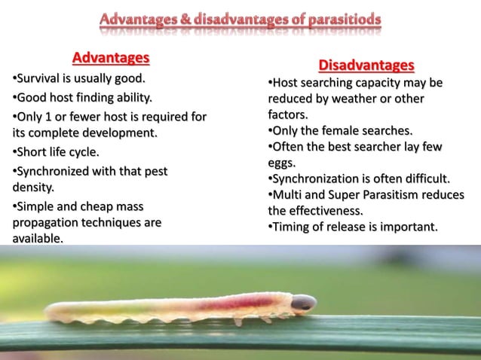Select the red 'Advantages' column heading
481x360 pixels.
(111, 58)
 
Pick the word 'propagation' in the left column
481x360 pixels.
(46, 222)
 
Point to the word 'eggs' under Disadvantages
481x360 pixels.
(282, 162)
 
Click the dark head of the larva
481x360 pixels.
(303, 303)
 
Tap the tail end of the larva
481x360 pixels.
(51, 310)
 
